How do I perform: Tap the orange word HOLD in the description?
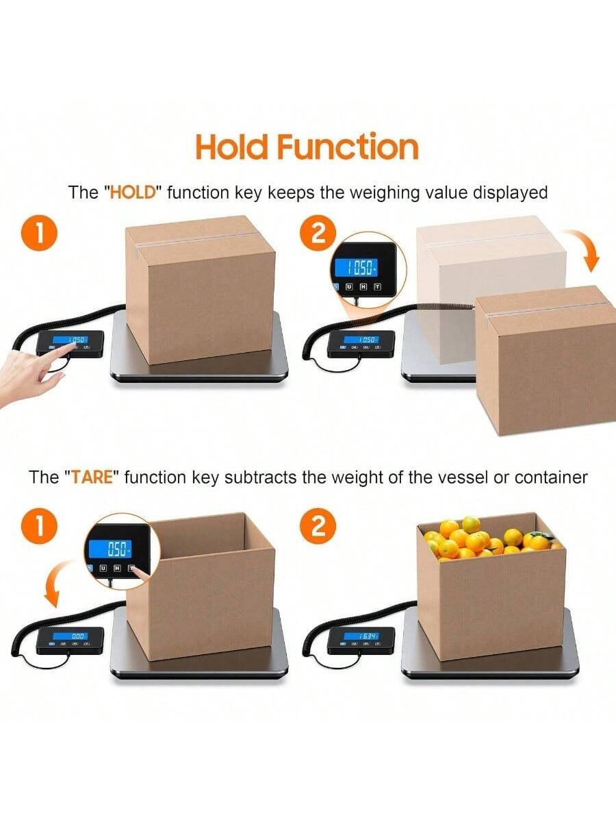point(133,192)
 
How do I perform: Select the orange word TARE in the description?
point(92,477)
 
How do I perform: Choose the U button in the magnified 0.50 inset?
point(103,568)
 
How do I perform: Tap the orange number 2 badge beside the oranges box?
point(318,527)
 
